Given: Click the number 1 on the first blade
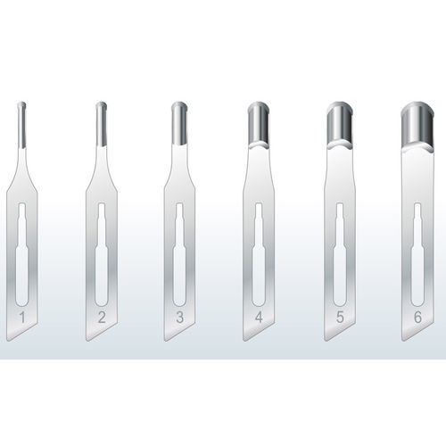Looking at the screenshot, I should pyautogui.click(x=23, y=316).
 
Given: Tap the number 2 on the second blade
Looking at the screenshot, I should pyautogui.click(x=102, y=316).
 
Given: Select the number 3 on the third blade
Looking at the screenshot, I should pyautogui.click(x=179, y=316).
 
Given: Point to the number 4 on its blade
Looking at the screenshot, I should pyautogui.click(x=258, y=316).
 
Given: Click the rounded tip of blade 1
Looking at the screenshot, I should pyautogui.click(x=21, y=107).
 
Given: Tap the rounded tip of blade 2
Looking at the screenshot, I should pyautogui.click(x=101, y=108).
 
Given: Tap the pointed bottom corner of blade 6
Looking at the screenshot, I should pyautogui.click(x=402, y=340).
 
